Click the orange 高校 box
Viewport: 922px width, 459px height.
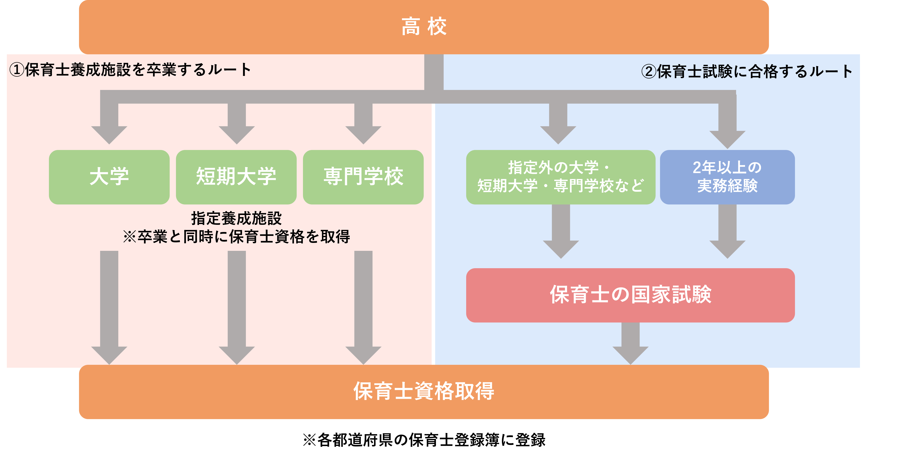[x=424, y=27]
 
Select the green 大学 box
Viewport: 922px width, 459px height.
[x=109, y=177]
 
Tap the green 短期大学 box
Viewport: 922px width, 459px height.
[x=236, y=177]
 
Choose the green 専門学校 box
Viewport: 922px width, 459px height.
[x=363, y=177]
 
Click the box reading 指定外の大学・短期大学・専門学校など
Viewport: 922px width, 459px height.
[x=561, y=177]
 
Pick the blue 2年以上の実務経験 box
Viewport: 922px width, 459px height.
[x=727, y=177]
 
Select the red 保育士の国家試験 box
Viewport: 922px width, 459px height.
[x=630, y=295]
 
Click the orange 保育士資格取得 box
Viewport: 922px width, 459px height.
[x=424, y=392]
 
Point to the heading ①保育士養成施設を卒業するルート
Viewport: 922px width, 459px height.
[x=130, y=69]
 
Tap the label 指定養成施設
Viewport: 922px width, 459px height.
[x=236, y=218]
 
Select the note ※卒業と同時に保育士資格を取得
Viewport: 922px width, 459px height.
[x=236, y=236]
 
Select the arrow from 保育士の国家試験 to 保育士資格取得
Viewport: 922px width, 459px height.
[x=630, y=343]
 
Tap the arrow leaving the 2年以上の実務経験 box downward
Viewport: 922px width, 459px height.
[x=727, y=231]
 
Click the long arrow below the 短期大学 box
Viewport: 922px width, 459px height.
[x=237, y=308]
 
